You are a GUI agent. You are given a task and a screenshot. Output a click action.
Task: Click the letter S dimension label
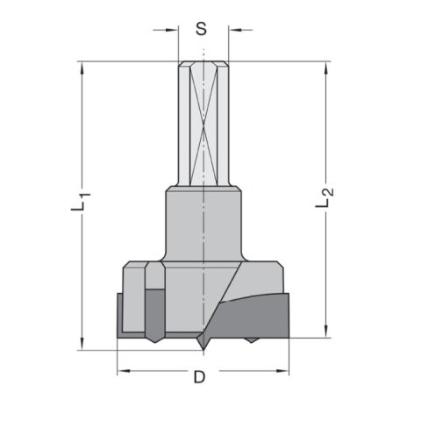click(201, 29)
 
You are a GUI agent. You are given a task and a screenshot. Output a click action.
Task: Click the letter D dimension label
click(200, 377)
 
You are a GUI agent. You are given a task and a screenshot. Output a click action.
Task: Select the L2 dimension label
click(325, 197)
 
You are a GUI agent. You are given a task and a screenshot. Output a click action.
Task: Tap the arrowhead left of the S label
click(172, 30)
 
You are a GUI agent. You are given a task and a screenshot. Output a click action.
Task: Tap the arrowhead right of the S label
click(235, 30)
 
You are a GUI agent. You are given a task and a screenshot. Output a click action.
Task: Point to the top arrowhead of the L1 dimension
click(82, 68)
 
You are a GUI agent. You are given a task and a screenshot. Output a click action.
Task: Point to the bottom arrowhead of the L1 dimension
click(82, 344)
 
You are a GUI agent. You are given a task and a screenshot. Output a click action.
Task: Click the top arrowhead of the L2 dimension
click(326, 68)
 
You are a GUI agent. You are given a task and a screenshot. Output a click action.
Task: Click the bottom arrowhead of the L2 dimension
click(326, 332)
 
